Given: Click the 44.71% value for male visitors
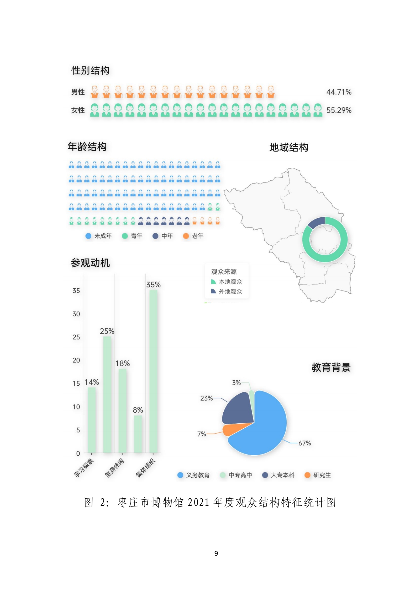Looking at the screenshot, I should [x=338, y=92].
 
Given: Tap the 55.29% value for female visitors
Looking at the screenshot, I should [x=338, y=110].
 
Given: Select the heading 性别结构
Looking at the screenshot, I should [x=90, y=71].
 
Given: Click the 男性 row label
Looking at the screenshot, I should [x=78, y=92].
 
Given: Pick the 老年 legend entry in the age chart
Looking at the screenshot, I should [x=194, y=236].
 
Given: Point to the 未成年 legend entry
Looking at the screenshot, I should [x=99, y=236].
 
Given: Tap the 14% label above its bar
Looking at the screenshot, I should [x=92, y=382].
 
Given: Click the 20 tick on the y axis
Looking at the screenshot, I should [x=76, y=360].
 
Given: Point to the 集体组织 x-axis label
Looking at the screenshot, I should [x=145, y=468].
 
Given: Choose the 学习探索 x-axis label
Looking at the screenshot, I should [x=84, y=468].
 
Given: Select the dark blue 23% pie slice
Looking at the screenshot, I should [x=238, y=409].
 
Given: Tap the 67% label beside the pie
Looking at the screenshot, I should [x=304, y=443].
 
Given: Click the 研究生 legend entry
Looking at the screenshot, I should [x=318, y=475].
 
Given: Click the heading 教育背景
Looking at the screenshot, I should [x=331, y=367].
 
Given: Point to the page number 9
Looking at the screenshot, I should [x=216, y=553].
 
